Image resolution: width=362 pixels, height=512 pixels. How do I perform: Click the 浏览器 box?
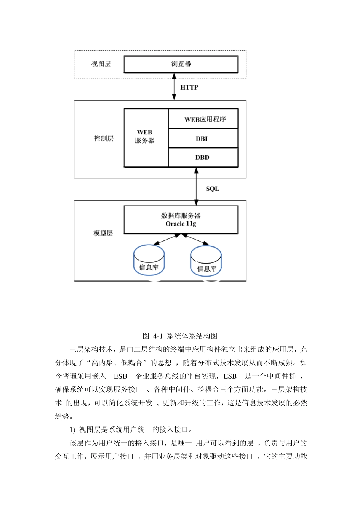[181, 64]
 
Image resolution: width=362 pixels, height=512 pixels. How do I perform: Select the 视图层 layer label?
[101, 64]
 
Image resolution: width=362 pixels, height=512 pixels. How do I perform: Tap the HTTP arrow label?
[189, 87]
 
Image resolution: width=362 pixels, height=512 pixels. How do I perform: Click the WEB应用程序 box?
[203, 119]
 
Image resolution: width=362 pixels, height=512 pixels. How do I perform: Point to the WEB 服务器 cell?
[145, 137]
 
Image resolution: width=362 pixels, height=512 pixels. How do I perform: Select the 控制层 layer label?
[104, 138]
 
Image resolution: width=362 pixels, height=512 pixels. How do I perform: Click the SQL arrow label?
[213, 189]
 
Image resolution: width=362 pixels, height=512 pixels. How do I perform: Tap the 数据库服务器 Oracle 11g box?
[181, 220]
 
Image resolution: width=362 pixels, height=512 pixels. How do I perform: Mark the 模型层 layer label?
[103, 233]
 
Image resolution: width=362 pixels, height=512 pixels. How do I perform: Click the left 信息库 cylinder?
[149, 261]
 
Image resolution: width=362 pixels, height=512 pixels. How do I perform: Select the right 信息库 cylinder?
[206, 262]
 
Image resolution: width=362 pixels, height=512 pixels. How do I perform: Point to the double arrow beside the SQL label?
[196, 187]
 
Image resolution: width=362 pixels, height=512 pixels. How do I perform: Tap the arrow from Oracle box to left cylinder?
[166, 239]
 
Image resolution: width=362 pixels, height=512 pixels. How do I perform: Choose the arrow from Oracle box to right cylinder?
[195, 239]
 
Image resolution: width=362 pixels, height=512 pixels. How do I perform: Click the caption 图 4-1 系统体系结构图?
[180, 336]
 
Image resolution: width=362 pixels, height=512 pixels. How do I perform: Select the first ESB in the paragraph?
[120, 376]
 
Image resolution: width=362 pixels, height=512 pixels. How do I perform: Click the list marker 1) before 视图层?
[72, 430]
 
